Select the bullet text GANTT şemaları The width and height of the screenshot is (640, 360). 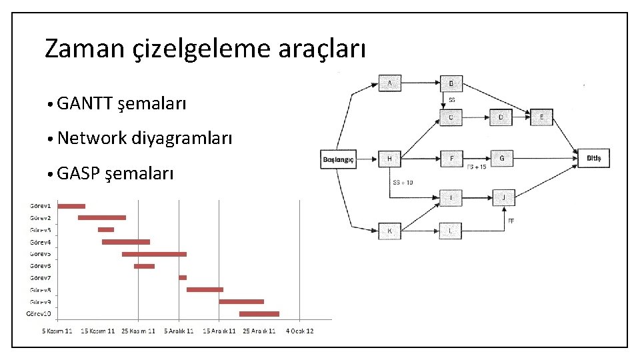point(121,103)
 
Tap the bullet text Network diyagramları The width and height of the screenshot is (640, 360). point(145,139)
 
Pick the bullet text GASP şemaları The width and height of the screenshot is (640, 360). point(115,174)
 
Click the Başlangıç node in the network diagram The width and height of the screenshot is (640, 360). point(339,159)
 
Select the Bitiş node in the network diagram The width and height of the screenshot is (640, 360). point(593,158)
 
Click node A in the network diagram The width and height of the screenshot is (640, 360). point(390,83)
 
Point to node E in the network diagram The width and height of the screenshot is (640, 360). point(542,118)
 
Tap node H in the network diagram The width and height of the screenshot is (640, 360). point(389,159)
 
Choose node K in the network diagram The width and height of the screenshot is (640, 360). point(389,231)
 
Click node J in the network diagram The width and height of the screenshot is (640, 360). point(504,197)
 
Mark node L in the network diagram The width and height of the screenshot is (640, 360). point(451,231)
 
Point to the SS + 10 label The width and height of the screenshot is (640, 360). point(403,182)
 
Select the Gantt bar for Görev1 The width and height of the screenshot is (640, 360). point(71,206)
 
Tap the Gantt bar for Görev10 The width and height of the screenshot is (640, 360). point(259,313)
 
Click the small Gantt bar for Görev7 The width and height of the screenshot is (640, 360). point(183,277)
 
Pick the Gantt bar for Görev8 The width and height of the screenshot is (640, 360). point(205,289)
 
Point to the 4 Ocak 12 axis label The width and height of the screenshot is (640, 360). point(300,331)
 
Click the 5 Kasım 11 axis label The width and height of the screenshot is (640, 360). point(58,331)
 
